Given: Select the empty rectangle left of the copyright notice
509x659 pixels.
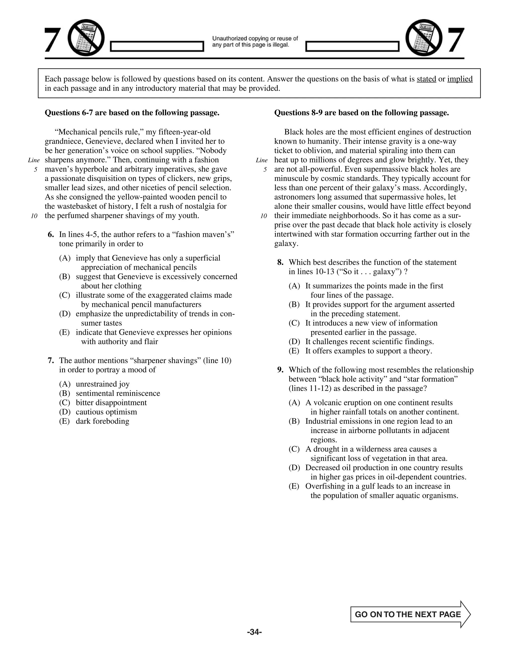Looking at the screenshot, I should click(157, 47).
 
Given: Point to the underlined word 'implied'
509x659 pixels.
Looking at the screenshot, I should click(460, 79).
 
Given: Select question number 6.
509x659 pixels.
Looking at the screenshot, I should click(51, 235).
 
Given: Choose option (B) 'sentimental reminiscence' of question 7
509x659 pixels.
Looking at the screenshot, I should click(118, 393).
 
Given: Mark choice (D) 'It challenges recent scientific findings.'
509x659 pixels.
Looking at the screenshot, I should click(369, 342).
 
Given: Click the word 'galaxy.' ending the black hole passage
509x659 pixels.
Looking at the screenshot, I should click(286, 243).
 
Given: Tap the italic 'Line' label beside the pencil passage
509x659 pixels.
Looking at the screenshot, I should click(34, 160).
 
